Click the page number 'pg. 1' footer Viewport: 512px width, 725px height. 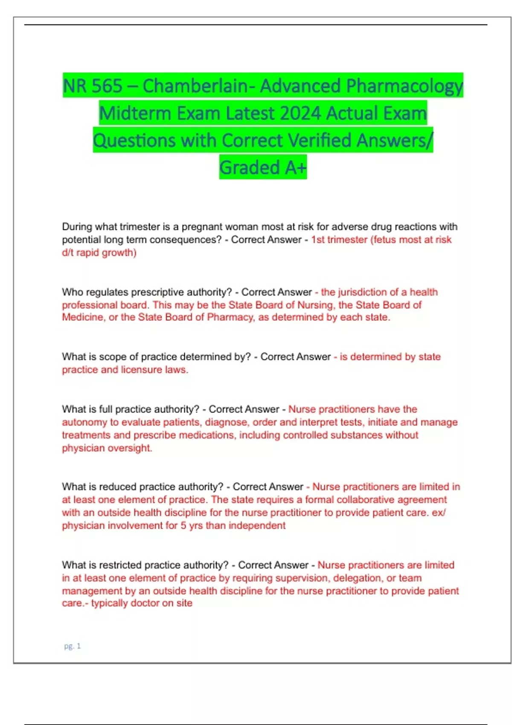tap(72, 646)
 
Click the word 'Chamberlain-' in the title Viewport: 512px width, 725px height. tap(199, 86)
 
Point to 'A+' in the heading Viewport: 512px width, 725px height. tap(295, 168)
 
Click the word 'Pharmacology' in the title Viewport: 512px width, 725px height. tap(404, 86)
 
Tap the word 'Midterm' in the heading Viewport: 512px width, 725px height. tap(135, 113)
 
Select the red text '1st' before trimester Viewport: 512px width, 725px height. tap(318, 240)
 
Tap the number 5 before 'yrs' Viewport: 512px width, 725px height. tap(183, 525)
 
